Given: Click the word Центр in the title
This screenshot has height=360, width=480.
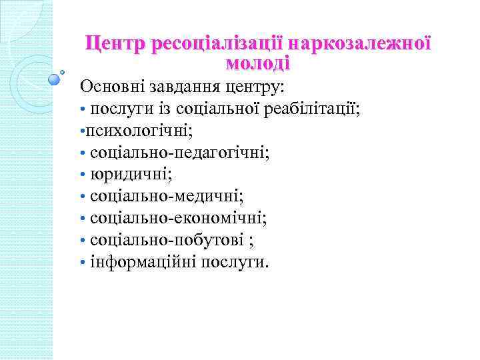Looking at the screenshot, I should click(x=116, y=45).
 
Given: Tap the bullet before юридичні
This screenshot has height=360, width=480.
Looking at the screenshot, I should click(x=83, y=175).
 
